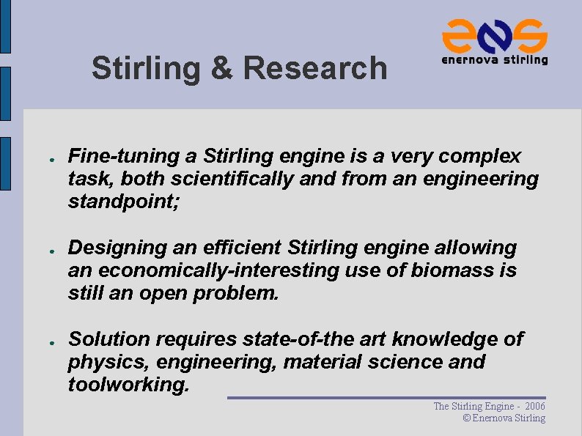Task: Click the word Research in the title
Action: pos(314,68)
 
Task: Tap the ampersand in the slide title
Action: pos(221,68)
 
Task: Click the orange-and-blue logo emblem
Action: pos(494,34)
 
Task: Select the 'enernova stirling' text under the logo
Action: pos(494,60)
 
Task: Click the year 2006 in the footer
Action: pos(535,406)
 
